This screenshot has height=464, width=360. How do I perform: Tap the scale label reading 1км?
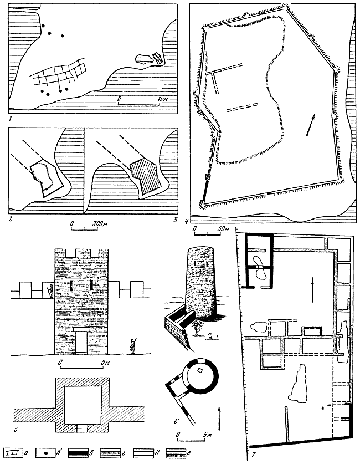(x=163, y=99)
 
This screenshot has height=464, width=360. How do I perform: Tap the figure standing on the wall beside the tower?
(x=50, y=290)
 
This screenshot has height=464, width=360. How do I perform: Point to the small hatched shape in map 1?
(x=158, y=57)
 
